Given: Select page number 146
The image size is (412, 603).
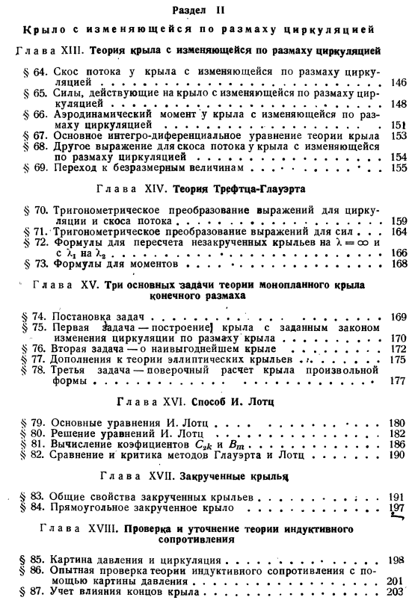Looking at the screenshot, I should point(397,82).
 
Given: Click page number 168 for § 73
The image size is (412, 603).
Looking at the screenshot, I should point(397,264).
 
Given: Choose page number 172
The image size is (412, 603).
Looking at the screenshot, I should point(397,349).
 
